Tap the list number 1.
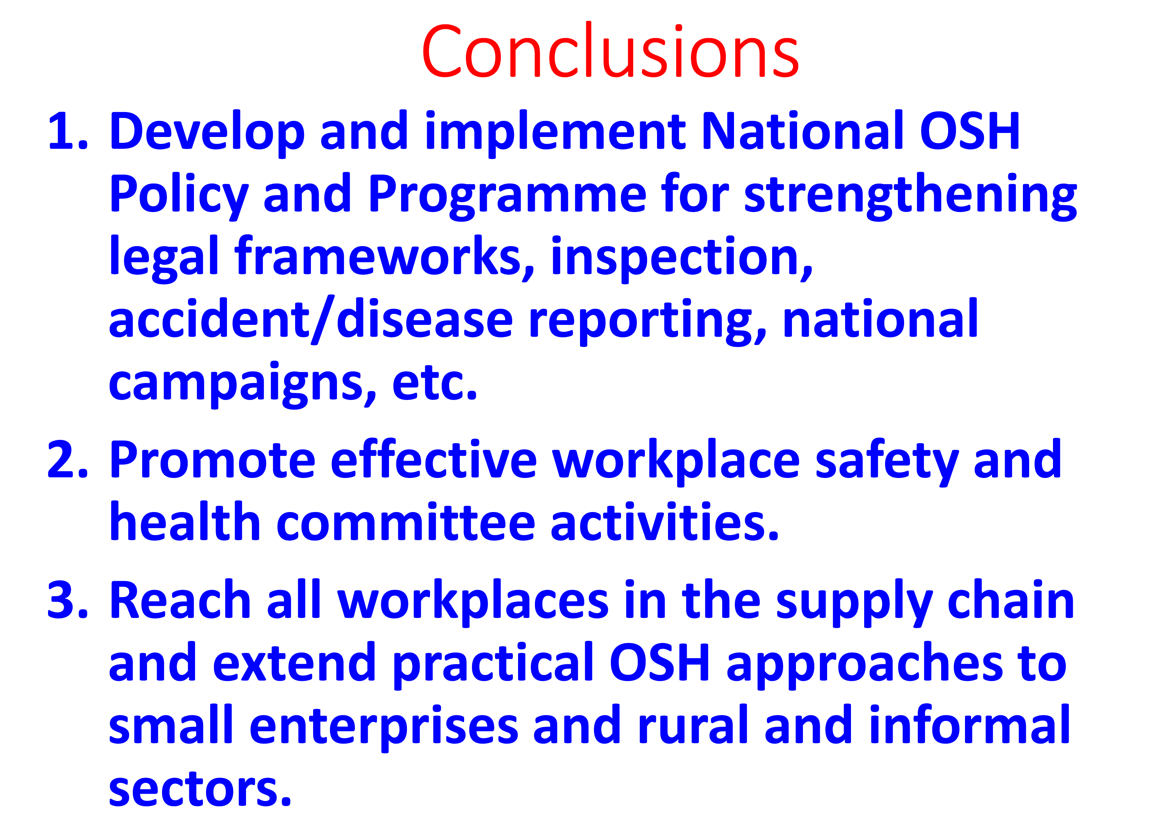point(68,131)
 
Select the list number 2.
point(68,460)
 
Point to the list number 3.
point(68,600)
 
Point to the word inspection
point(682,259)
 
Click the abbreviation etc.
point(435,383)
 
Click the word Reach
point(180,600)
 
